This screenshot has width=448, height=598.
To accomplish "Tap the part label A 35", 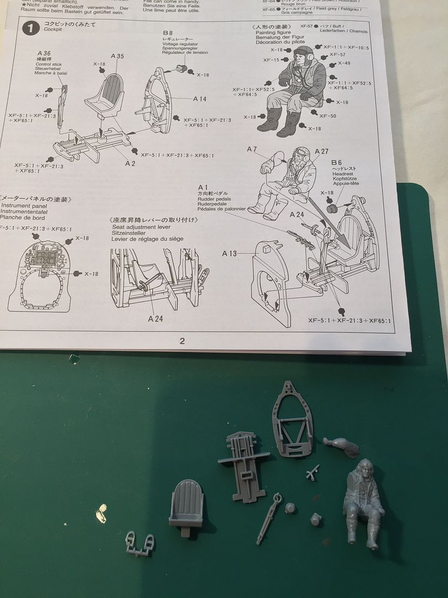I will coord(117,56).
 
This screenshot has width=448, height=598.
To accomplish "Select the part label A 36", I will coord(44,53).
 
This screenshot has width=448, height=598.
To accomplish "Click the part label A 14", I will coord(200,99).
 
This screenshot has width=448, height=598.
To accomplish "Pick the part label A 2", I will coord(130,163).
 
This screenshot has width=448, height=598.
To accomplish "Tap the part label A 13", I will coord(230,254).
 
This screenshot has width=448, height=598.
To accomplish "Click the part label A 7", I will coord(252,149).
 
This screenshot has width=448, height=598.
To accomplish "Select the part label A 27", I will coord(321,152).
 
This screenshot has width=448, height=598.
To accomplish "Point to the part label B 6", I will coord(337,163).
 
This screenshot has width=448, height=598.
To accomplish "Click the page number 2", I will coord(183,341).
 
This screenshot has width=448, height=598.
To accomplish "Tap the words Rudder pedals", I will coord(213,199).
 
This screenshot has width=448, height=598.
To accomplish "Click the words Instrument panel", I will coord(23,205).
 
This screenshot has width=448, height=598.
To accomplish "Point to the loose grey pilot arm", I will coord(342,446).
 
